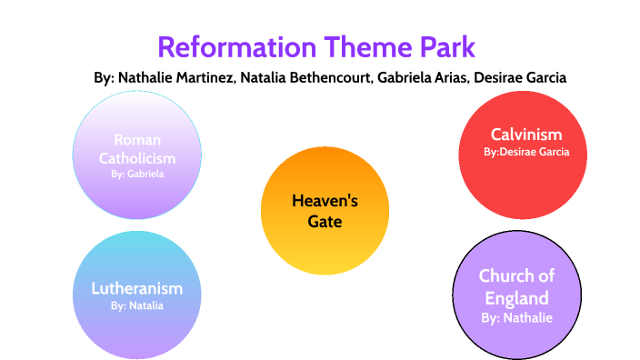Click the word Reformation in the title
point(237,47)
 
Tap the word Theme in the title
point(368,47)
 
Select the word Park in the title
point(448,47)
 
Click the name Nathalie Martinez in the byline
point(177,77)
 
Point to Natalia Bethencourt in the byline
point(306,77)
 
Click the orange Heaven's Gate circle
point(325,211)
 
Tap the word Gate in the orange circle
point(325,222)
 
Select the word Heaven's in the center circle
point(325,201)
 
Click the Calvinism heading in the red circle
point(526,135)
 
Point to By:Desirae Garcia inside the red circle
point(526,152)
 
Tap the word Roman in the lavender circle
point(137,140)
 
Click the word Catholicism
point(137,158)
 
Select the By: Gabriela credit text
point(137,174)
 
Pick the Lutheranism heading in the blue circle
point(136,288)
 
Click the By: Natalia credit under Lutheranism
point(136,305)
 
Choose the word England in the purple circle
point(516,298)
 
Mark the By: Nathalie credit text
point(516,318)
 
